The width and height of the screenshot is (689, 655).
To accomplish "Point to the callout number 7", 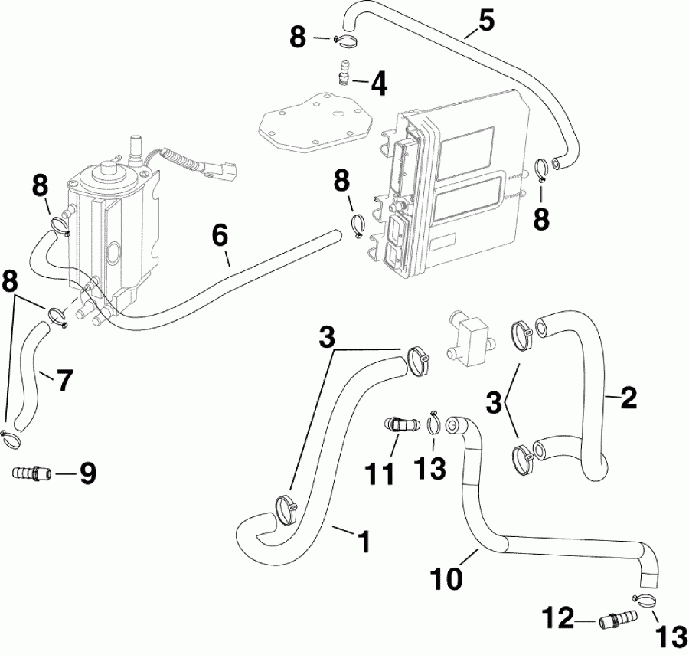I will click(x=64, y=380).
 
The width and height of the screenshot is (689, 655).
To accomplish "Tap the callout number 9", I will click(x=88, y=473).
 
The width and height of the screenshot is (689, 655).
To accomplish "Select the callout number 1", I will click(x=364, y=542).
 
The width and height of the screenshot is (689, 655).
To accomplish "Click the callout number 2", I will click(x=628, y=398).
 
